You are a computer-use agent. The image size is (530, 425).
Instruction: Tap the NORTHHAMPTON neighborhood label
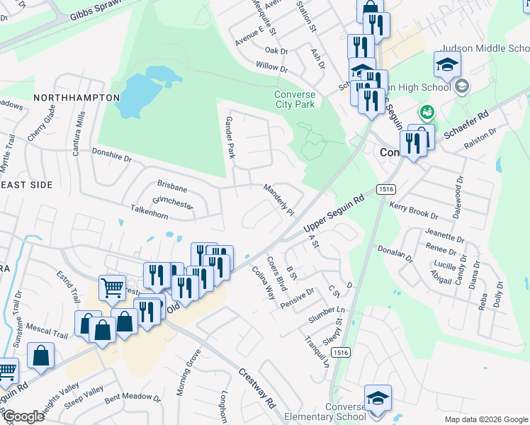(77, 97)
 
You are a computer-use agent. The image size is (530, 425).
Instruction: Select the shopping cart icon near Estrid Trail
(113, 288)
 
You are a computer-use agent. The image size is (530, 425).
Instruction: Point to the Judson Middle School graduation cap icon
(448, 64)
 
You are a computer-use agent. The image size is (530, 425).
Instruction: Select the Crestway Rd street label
(256, 388)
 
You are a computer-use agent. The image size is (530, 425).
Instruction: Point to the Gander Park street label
(230, 137)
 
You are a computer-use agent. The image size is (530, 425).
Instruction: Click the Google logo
(23, 417)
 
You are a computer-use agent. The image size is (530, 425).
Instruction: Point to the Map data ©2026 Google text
(486, 419)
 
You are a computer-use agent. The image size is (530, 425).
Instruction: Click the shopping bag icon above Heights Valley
(41, 357)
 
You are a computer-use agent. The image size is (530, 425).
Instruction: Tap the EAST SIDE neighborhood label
(26, 184)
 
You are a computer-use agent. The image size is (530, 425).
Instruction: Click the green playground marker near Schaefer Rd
(427, 111)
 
